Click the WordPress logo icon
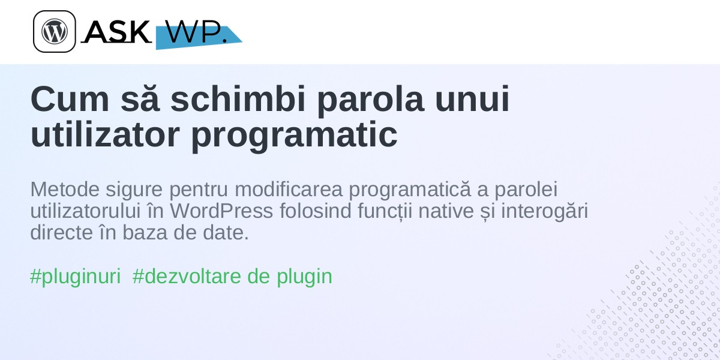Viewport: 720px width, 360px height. coord(55,31)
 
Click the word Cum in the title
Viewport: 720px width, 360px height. coord(70,98)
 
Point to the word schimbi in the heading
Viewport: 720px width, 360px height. coord(238,98)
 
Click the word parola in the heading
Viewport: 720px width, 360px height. coord(370,101)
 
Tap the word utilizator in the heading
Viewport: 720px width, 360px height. coord(105,134)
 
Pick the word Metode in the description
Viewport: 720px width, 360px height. coord(65,189)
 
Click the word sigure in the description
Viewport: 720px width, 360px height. coord(134,191)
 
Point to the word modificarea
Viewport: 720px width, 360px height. coord(289,189)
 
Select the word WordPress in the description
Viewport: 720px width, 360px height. coord(221,211)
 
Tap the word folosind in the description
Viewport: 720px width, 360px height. coord(316,211)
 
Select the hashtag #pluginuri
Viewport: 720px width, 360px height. coord(76,277)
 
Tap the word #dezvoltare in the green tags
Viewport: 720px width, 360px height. coord(187,276)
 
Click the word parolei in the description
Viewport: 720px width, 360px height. coord(526,191)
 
